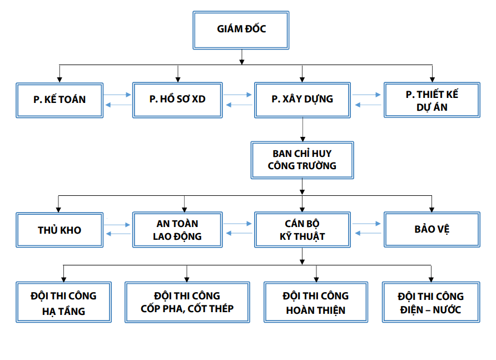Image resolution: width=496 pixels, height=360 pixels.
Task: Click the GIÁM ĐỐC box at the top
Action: tap(241, 29)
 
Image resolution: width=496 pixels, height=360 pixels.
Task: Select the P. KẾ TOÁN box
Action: tap(59, 100)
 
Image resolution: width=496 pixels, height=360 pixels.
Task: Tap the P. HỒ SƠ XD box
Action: tap(177, 100)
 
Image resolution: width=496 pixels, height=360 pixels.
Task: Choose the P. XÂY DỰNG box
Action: tap(302, 100)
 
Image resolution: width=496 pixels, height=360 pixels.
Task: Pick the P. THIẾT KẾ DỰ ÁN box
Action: tap(431, 100)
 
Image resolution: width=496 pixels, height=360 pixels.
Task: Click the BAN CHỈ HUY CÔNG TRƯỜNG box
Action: tap(302, 160)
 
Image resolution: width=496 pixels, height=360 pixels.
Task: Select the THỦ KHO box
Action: tap(59, 230)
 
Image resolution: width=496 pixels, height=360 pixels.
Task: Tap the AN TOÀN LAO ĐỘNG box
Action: tap(177, 230)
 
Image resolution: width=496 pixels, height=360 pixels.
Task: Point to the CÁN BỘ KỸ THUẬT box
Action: tap(302, 230)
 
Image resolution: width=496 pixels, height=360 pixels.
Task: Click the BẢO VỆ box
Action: tap(431, 230)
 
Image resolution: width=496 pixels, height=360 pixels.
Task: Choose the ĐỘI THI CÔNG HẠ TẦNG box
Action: tap(63, 303)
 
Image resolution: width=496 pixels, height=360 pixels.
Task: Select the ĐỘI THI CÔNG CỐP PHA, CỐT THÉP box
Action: tap(187, 303)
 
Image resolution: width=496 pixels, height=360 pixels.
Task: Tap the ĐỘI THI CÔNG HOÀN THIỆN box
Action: tap(315, 303)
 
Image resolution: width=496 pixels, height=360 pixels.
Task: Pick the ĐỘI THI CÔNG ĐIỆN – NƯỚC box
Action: tap(431, 303)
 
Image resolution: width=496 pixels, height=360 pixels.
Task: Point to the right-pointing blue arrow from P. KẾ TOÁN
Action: tap(117, 95)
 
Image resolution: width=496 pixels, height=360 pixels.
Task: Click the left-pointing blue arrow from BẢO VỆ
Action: tap(367, 234)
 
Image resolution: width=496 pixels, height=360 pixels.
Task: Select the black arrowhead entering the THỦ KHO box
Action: tap(59, 209)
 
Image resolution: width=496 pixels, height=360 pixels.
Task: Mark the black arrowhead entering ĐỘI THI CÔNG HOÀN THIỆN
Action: tap(316, 278)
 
